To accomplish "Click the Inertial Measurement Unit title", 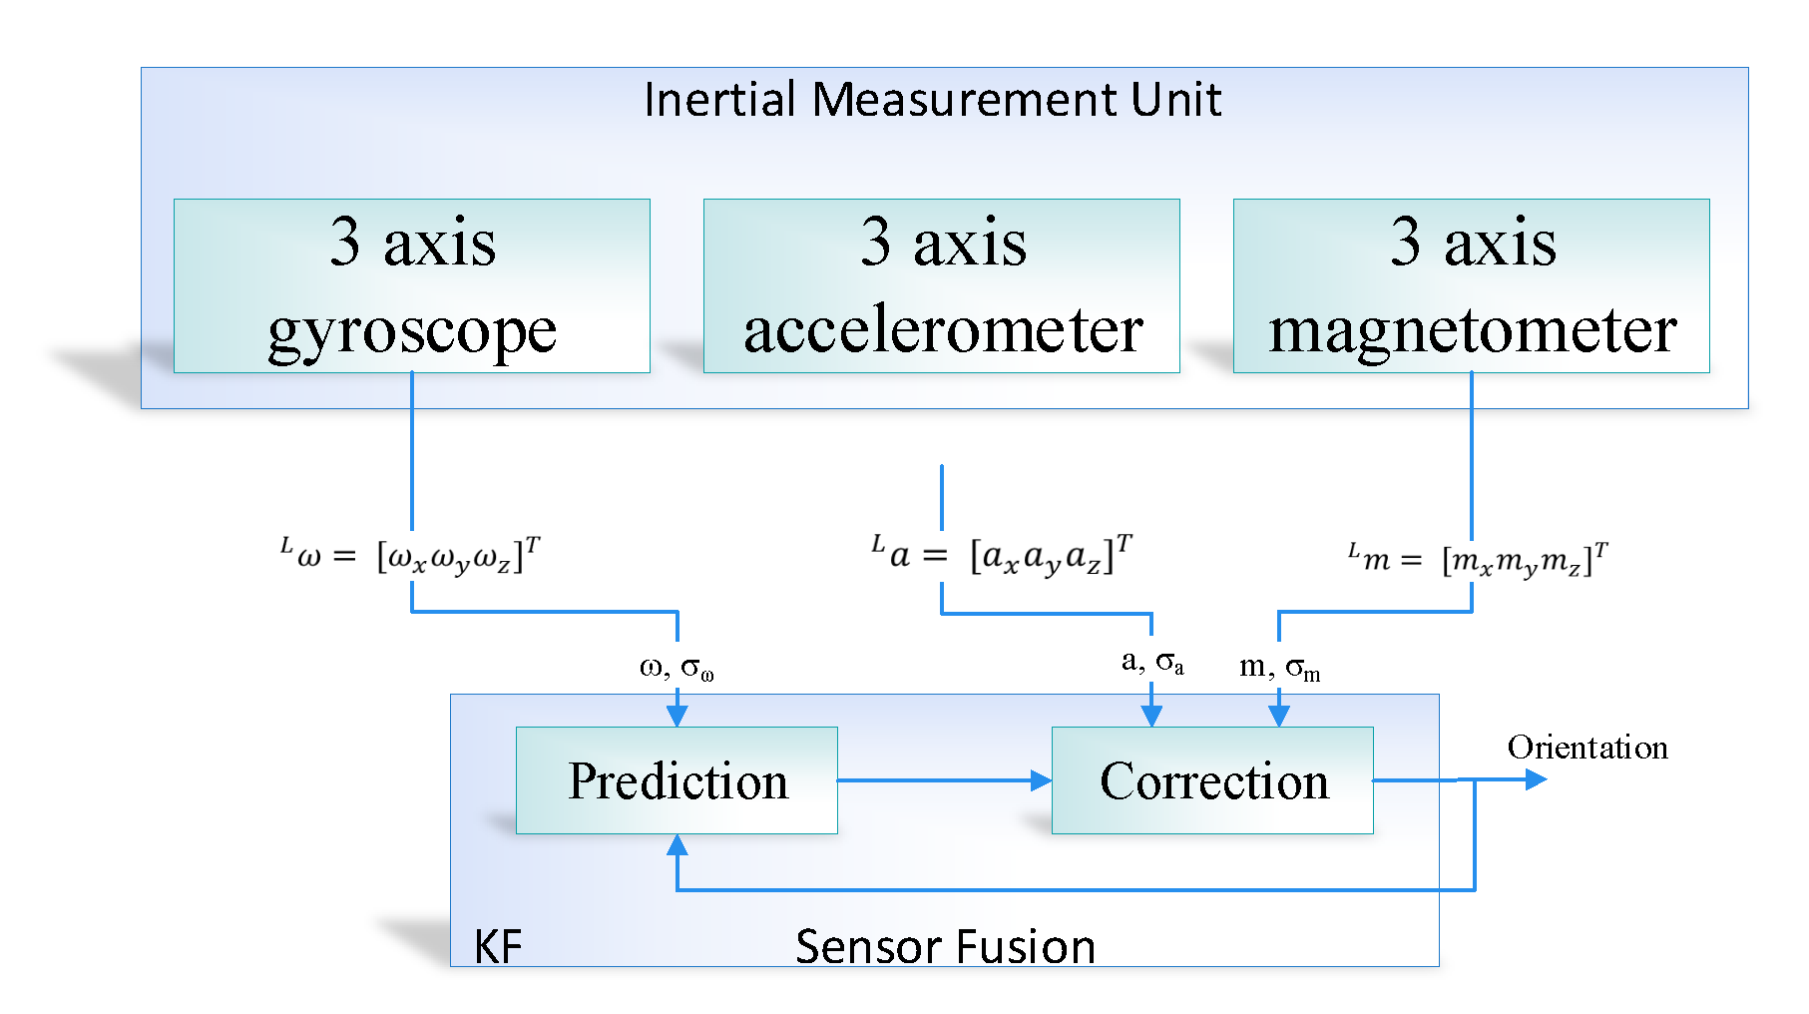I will click(932, 100).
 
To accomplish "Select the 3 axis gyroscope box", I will click(411, 285).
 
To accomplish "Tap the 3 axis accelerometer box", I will click(941, 285).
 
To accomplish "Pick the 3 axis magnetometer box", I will click(1471, 285).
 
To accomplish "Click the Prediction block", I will click(677, 780).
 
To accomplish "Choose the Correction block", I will click(1212, 780).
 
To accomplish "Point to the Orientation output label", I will click(1586, 748).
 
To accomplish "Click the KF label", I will click(497, 946).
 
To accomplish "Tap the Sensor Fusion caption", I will click(945, 946).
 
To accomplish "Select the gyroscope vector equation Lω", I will click(410, 556).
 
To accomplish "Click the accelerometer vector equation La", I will click(1002, 554).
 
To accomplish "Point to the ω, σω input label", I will click(677, 668).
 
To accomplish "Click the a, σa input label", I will click(1152, 662).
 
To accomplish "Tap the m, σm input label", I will click(1279, 668).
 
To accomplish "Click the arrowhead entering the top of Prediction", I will click(677, 716).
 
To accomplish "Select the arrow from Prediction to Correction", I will click(943, 780).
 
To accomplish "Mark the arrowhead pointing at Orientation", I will click(1536, 779).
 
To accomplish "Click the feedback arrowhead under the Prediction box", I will click(678, 845).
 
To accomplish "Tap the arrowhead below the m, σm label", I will click(1279, 716).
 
